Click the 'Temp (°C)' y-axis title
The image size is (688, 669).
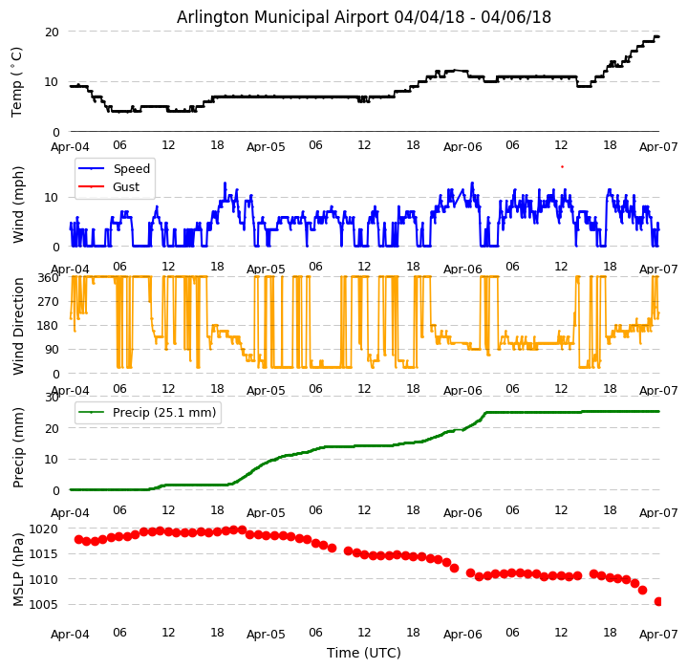click(17, 81)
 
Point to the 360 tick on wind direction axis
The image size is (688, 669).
click(48, 278)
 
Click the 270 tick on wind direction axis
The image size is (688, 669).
click(48, 302)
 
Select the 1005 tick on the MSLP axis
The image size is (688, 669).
click(44, 604)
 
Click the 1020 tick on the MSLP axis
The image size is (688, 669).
click(44, 529)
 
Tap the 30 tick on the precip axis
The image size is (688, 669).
click(52, 398)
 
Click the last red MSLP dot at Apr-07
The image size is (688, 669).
click(658, 601)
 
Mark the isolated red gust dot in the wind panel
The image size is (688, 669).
click(562, 166)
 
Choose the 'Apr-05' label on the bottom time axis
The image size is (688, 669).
click(266, 634)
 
